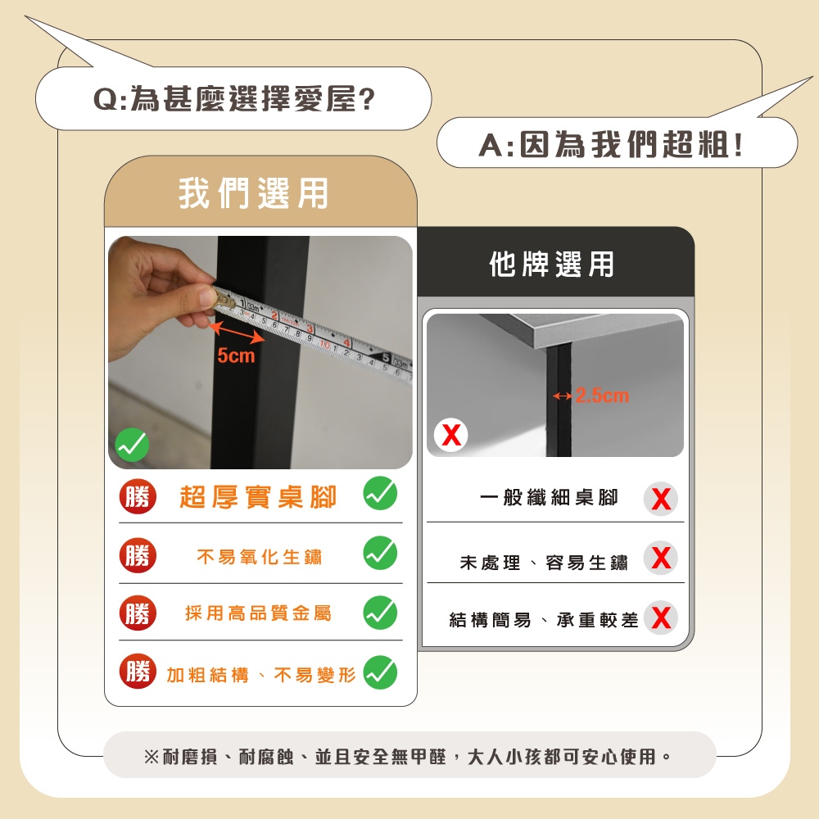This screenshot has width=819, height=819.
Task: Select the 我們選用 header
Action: pyautogui.click(x=253, y=193)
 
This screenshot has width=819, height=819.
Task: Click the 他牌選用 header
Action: pyautogui.click(x=551, y=264)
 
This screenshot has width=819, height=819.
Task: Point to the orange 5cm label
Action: pyautogui.click(x=236, y=355)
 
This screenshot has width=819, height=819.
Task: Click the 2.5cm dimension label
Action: pyautogui.click(x=602, y=396)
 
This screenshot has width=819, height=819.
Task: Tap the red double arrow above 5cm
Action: pyautogui.click(x=236, y=333)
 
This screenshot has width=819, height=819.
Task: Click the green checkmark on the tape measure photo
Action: pyautogui.click(x=132, y=445)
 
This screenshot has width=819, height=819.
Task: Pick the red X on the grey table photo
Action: pyautogui.click(x=451, y=435)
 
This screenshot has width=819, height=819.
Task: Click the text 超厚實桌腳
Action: pyautogui.click(x=258, y=496)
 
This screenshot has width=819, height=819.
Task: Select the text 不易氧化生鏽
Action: pyautogui.click(x=259, y=557)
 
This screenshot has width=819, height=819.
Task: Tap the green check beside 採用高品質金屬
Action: pyautogui.click(x=380, y=613)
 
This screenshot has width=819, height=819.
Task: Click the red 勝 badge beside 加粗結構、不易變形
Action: pyautogui.click(x=138, y=672)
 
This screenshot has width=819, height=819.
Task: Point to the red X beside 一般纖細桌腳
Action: pyautogui.click(x=661, y=499)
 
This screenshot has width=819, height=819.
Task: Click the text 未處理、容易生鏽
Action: pyautogui.click(x=544, y=563)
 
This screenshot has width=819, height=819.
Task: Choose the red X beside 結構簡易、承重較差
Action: pyautogui.click(x=661, y=618)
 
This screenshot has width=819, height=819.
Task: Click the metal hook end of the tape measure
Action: pyautogui.click(x=224, y=298)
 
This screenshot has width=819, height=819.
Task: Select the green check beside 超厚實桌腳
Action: pyautogui.click(x=380, y=493)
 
